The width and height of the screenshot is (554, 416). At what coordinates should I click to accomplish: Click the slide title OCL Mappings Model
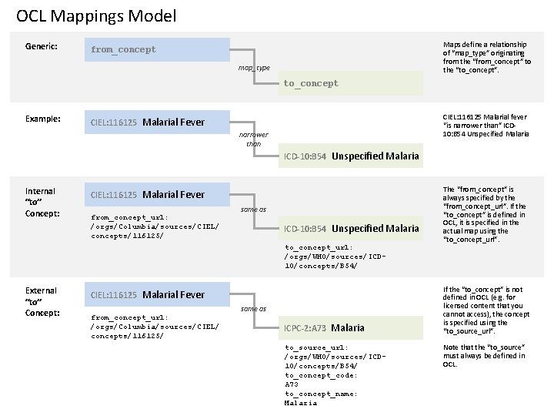coord(96,15)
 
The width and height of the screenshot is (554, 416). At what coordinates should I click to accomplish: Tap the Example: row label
coord(43,119)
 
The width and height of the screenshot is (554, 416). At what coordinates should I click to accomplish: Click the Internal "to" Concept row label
coord(40,202)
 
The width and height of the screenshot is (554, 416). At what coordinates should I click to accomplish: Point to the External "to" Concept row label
coord(41,301)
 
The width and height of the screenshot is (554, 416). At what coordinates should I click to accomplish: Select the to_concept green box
coord(350,83)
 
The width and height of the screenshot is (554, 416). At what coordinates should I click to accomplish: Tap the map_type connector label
coord(254,68)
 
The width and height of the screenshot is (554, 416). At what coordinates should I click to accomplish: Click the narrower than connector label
coord(254,139)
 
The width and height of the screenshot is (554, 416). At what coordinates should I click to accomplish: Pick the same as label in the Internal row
coord(253,209)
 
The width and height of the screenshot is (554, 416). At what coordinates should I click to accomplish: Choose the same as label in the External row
coord(253,308)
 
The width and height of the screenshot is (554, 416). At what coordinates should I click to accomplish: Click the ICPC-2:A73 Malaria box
coord(350,328)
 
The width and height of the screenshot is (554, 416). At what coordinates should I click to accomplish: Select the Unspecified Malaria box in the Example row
coord(350,156)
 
